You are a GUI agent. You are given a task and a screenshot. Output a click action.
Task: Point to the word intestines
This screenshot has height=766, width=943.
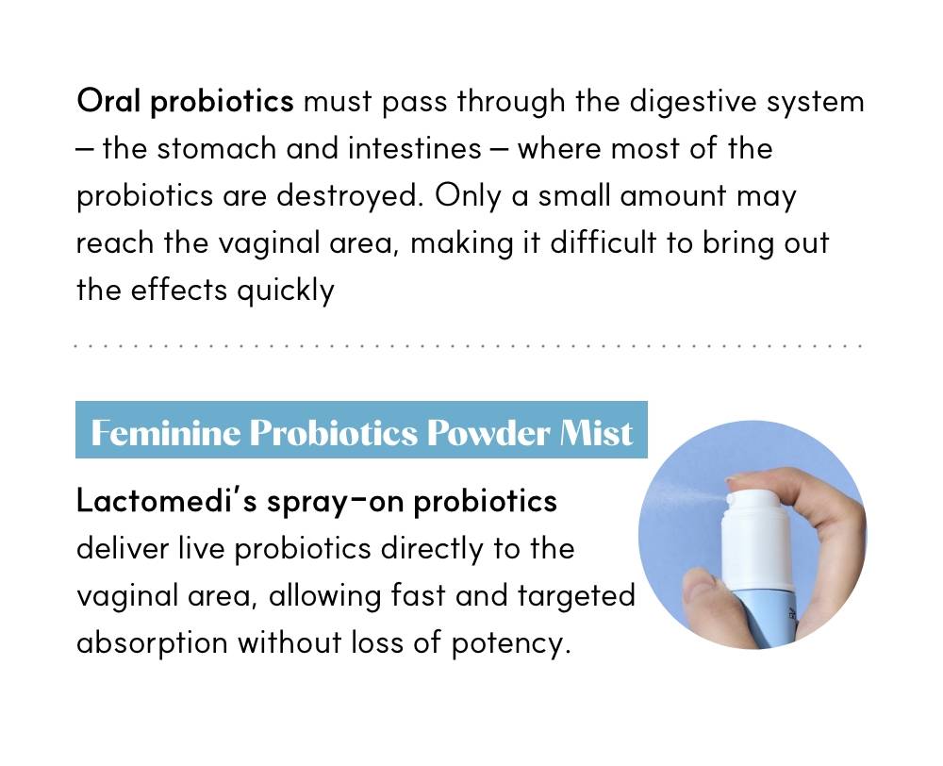(x=414, y=148)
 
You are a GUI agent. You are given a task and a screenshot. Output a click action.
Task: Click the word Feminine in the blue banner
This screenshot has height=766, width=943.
(x=165, y=433)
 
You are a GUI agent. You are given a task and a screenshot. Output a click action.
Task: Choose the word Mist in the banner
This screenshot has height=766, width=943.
(x=595, y=433)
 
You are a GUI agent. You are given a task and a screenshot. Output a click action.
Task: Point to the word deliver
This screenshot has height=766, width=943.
(x=123, y=548)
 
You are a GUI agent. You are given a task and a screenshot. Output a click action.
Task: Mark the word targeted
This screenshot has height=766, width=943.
(x=576, y=596)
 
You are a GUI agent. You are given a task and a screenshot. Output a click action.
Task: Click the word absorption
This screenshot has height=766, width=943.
(x=152, y=643)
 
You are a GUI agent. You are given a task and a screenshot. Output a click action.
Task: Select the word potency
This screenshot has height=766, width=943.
(x=510, y=643)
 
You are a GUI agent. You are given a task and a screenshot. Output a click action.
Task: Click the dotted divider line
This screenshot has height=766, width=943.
(x=468, y=346)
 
